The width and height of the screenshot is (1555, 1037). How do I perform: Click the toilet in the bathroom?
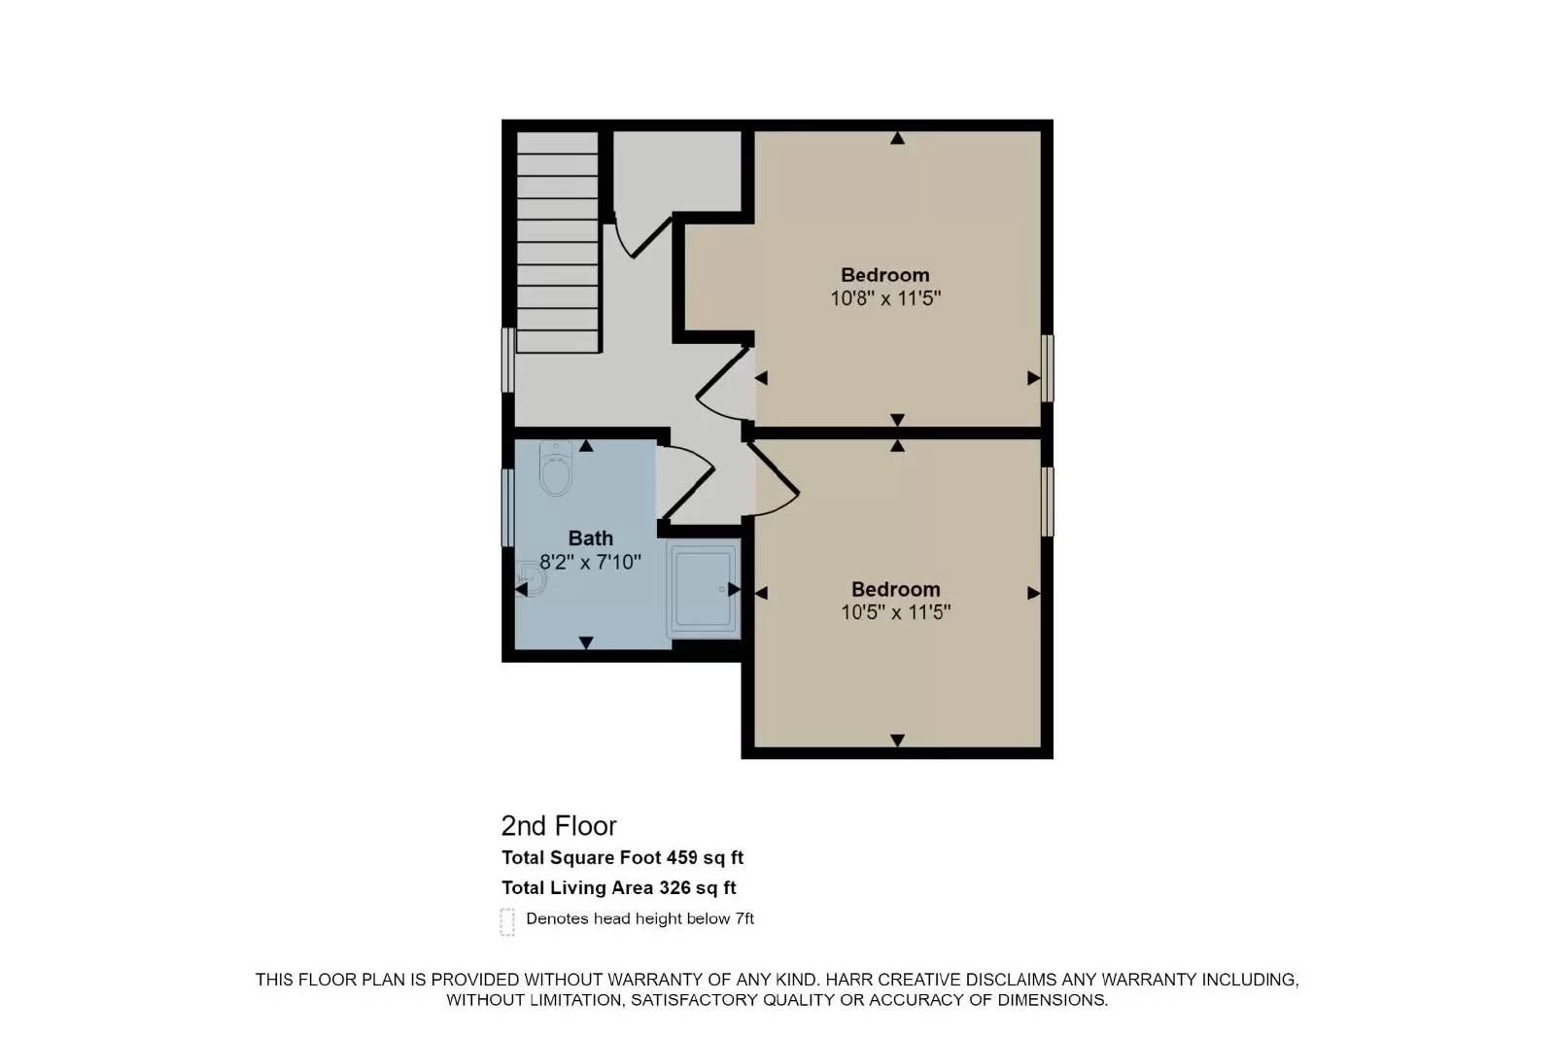coord(556,468)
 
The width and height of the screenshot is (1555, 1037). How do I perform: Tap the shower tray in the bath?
coord(703,591)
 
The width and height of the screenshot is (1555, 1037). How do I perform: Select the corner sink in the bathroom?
coord(532,580)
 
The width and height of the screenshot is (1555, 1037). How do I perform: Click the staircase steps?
coord(557,243)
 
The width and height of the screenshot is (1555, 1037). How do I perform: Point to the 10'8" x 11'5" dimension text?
coord(884,298)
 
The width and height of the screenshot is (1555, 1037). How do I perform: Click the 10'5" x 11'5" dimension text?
coord(895,612)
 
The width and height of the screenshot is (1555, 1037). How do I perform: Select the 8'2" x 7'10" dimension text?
coord(590,562)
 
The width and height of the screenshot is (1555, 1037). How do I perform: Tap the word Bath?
coord(590,537)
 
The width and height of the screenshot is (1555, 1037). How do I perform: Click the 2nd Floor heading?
coord(558,826)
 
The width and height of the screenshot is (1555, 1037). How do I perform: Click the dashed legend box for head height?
coord(507,921)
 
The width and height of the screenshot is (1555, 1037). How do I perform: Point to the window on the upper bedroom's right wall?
coord(1048,368)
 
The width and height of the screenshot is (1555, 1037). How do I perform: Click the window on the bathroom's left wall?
coord(506,507)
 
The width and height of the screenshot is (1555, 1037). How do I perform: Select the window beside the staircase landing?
coord(506,360)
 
